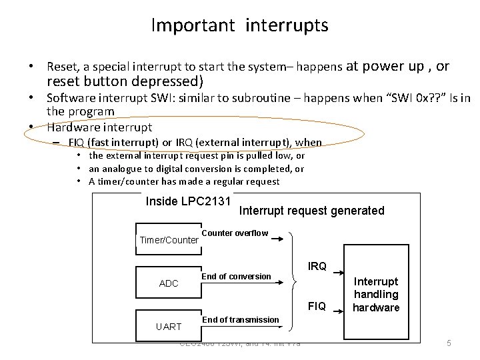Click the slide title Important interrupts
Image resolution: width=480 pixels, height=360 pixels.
pos(239,26)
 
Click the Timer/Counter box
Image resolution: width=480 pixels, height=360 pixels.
pos(169,239)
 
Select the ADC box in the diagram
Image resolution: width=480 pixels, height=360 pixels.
pos(169,283)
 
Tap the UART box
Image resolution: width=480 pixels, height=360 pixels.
pos(169,327)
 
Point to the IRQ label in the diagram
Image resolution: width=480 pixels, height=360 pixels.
pos(317,267)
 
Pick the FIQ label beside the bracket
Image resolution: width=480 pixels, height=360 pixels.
pos(317,307)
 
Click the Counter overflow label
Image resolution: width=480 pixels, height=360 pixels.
pos(235,233)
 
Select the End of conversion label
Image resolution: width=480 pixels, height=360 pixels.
pos(236,276)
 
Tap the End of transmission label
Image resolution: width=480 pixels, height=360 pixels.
pos(240,319)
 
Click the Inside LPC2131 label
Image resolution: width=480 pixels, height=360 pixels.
pos(188,201)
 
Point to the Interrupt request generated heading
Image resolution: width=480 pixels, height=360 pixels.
pos(311,211)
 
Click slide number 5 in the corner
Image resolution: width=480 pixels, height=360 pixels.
pos(449,344)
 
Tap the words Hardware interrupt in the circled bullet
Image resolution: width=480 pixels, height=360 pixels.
pos(99,127)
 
